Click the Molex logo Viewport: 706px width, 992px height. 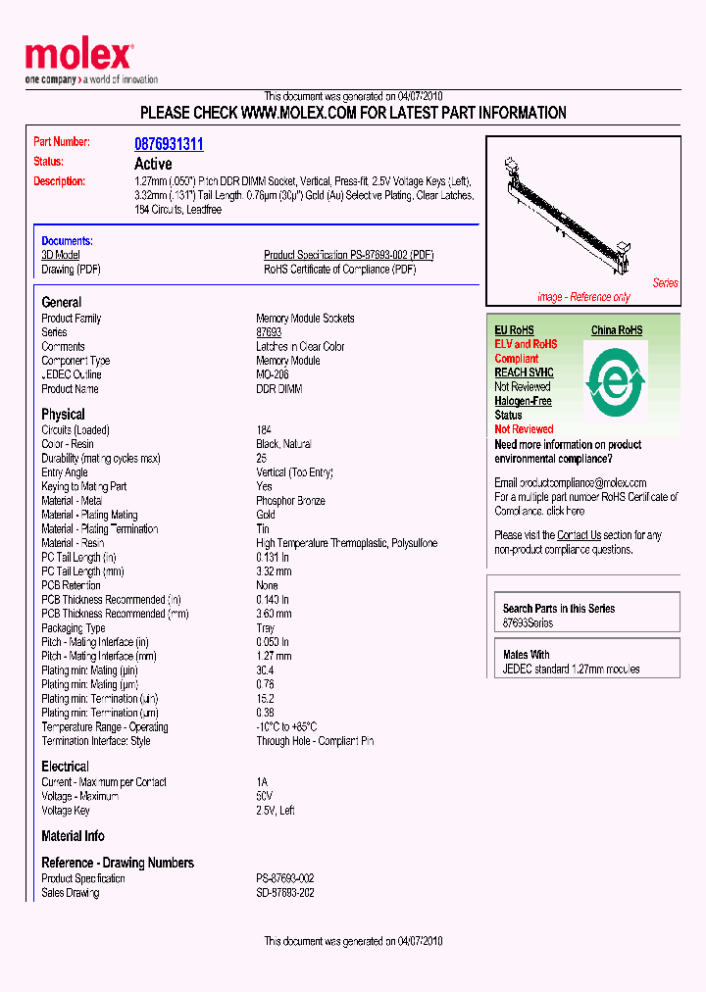click(78, 57)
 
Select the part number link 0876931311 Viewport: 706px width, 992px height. click(169, 144)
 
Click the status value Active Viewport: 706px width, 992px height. click(153, 164)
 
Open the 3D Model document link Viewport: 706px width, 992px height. click(60, 255)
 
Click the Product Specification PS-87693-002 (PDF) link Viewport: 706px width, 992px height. click(348, 255)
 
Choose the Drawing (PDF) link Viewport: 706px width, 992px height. click(71, 270)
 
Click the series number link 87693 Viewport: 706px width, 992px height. click(269, 332)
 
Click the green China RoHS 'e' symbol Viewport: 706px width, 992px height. click(615, 380)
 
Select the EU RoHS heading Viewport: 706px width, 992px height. click(514, 330)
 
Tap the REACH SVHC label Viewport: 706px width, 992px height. click(524, 372)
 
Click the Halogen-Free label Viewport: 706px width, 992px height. click(523, 401)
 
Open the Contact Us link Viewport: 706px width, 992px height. click(579, 535)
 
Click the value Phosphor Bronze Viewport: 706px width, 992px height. click(290, 501)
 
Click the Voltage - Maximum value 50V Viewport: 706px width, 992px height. click(265, 797)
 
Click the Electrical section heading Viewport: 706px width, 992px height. click(65, 767)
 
